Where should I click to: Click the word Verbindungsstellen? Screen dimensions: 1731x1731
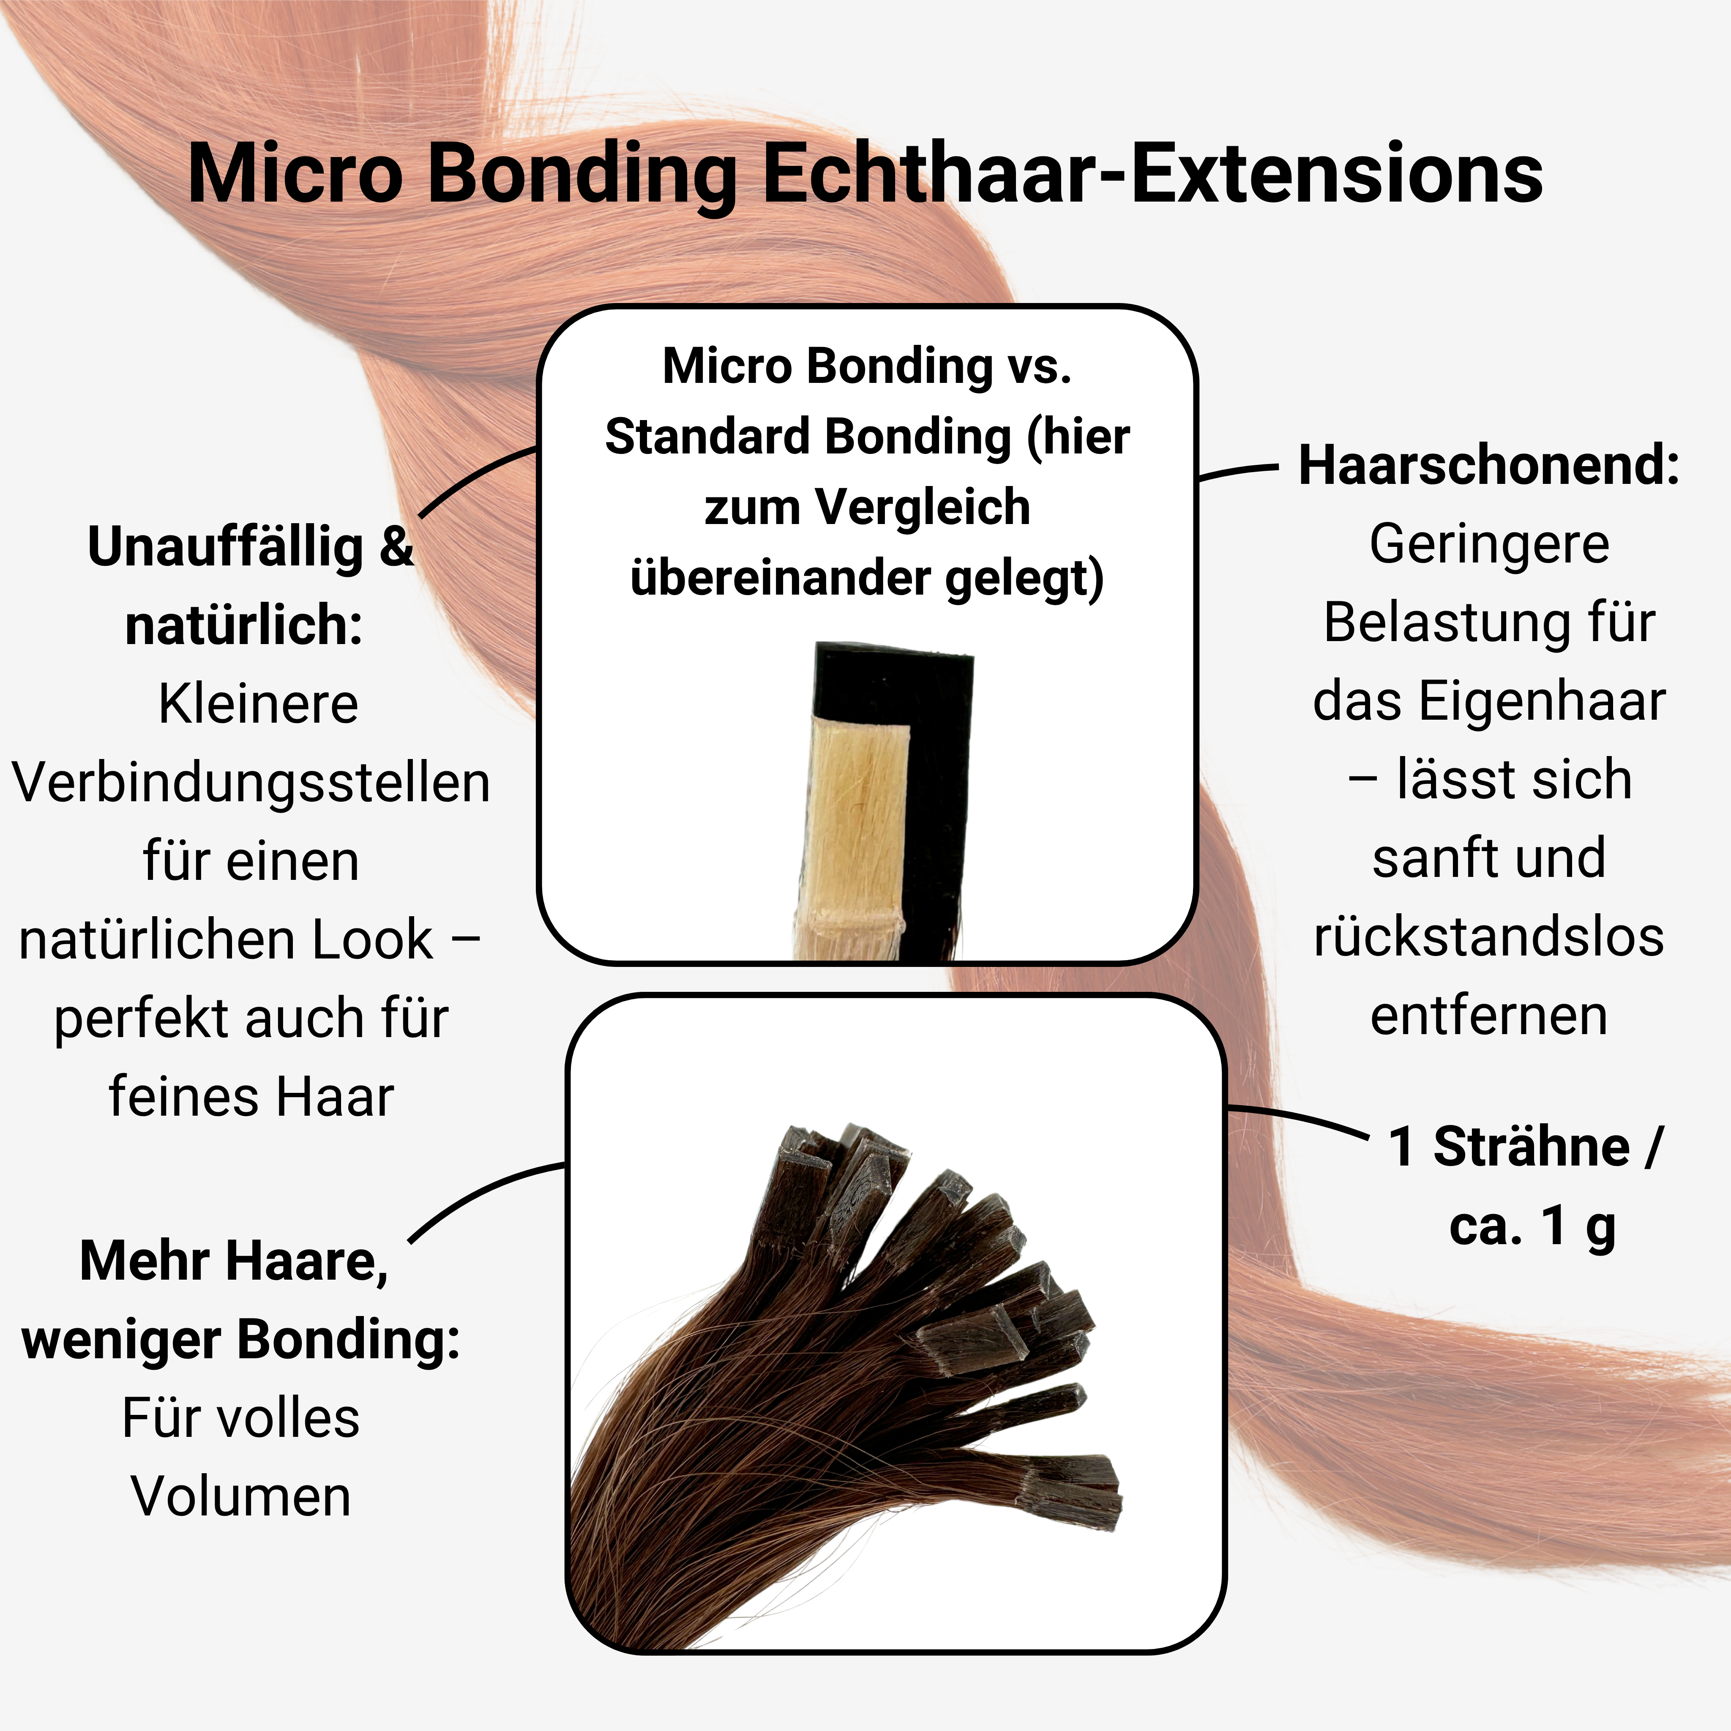pyautogui.click(x=251, y=782)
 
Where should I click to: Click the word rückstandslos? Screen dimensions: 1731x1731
pyautogui.click(x=1489, y=937)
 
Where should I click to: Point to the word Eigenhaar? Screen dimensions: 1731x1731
pyautogui.click(x=1543, y=702)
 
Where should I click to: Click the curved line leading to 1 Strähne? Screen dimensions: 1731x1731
pyautogui.click(x=1299, y=1117)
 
